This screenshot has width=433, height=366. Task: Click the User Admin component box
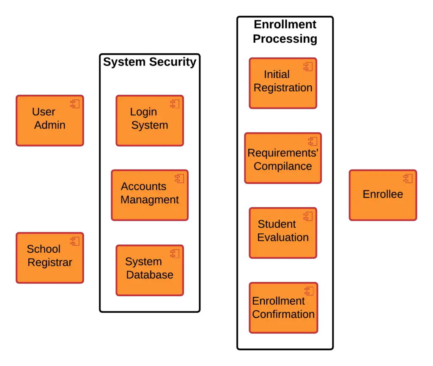tap(50, 120)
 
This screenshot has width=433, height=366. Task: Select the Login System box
tap(150, 120)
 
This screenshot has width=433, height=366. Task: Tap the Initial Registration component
tap(283, 83)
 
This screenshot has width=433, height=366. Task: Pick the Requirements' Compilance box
tap(283, 158)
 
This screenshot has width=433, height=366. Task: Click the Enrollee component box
tap(383, 195)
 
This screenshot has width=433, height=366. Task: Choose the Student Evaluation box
tap(283, 232)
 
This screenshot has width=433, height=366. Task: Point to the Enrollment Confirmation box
tap(283, 308)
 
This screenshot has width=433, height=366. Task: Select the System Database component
tap(150, 270)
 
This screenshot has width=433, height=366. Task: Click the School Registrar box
tap(50, 257)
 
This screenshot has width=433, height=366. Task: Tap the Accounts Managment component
tap(150, 195)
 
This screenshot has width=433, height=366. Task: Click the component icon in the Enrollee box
tap(408, 178)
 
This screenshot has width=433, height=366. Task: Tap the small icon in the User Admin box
tap(75, 104)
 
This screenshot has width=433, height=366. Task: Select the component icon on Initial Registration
tap(308, 66)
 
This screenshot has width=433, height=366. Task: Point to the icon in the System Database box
tap(175, 254)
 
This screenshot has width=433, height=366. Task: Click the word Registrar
tap(50, 262)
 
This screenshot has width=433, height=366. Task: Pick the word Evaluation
tap(283, 238)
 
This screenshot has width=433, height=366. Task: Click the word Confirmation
tap(283, 314)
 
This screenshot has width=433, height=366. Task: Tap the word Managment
tap(150, 200)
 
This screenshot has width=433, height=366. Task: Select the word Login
tap(143, 112)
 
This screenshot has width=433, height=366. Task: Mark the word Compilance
tap(283, 166)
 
